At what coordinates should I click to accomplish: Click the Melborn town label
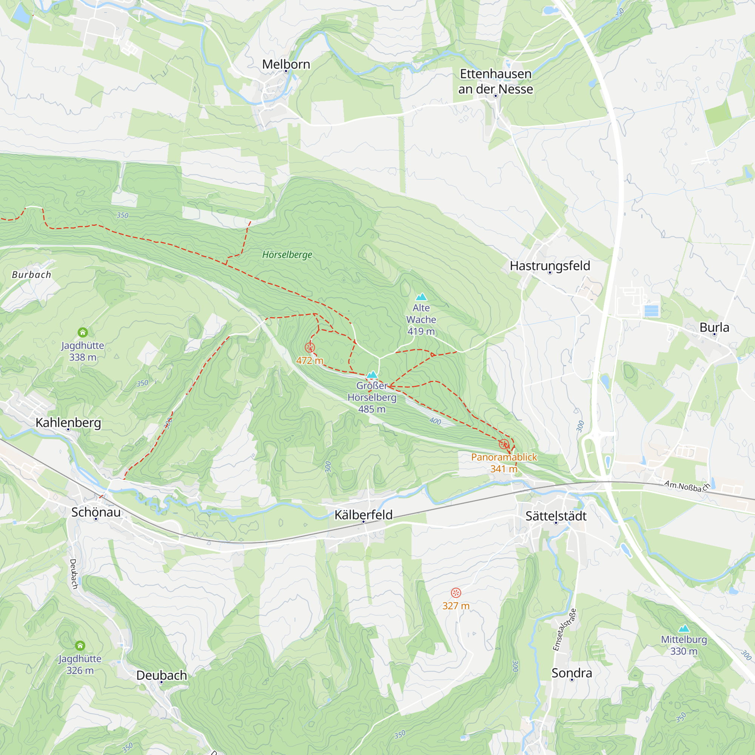click(286, 65)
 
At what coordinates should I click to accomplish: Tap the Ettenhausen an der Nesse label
click(496, 81)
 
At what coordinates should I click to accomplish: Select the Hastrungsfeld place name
click(550, 266)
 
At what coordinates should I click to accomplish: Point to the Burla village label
click(714, 327)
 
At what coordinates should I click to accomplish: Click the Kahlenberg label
click(68, 423)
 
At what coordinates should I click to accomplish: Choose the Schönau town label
click(96, 512)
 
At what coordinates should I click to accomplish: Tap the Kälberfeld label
click(364, 515)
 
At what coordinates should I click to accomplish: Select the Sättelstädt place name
click(556, 516)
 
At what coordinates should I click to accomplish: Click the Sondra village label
click(571, 673)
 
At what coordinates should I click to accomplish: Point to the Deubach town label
click(162, 676)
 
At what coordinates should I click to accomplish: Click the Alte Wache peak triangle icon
click(421, 297)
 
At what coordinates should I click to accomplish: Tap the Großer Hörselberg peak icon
click(372, 375)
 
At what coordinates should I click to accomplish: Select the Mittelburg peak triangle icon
click(684, 629)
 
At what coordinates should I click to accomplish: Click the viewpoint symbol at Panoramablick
click(504, 444)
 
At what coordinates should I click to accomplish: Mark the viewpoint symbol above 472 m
click(310, 347)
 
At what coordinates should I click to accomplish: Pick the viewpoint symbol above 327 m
click(456, 593)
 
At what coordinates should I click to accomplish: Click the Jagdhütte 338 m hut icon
click(82, 333)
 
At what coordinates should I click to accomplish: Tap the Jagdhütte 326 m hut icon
click(80, 646)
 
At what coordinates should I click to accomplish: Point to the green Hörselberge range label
click(287, 255)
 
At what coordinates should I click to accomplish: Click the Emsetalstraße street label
click(564, 630)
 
